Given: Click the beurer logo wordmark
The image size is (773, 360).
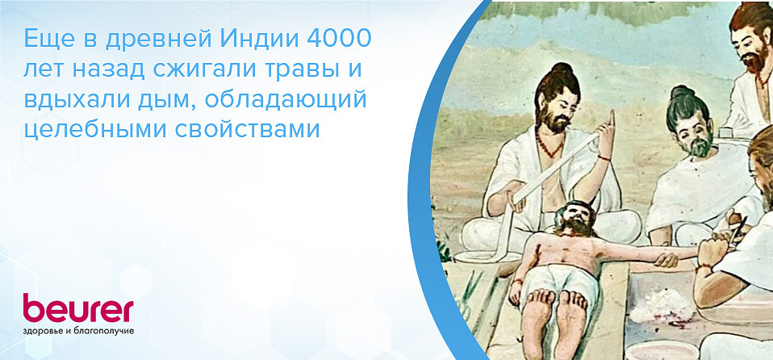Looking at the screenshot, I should click(77, 310).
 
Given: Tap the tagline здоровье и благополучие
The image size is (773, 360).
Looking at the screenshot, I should click(78, 331).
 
